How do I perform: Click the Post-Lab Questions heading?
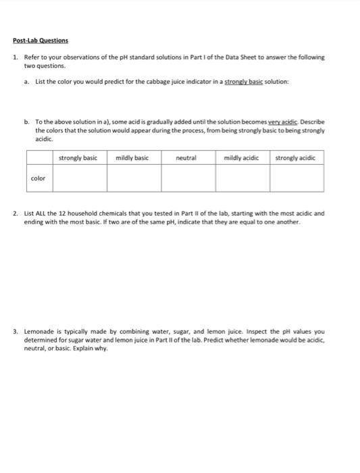tap(41, 41)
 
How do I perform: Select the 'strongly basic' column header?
tap(78, 157)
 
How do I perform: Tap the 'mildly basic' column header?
tap(132, 157)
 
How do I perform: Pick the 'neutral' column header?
tap(186, 157)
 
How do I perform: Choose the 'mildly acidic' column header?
tap(240, 157)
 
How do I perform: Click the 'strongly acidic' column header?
tap(297, 157)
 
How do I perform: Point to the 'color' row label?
tap(38, 178)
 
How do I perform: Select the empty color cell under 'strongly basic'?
tap(80, 178)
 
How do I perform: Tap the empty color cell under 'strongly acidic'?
tap(297, 178)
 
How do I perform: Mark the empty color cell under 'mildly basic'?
tap(134, 178)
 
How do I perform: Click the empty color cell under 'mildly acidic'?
tap(242, 178)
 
